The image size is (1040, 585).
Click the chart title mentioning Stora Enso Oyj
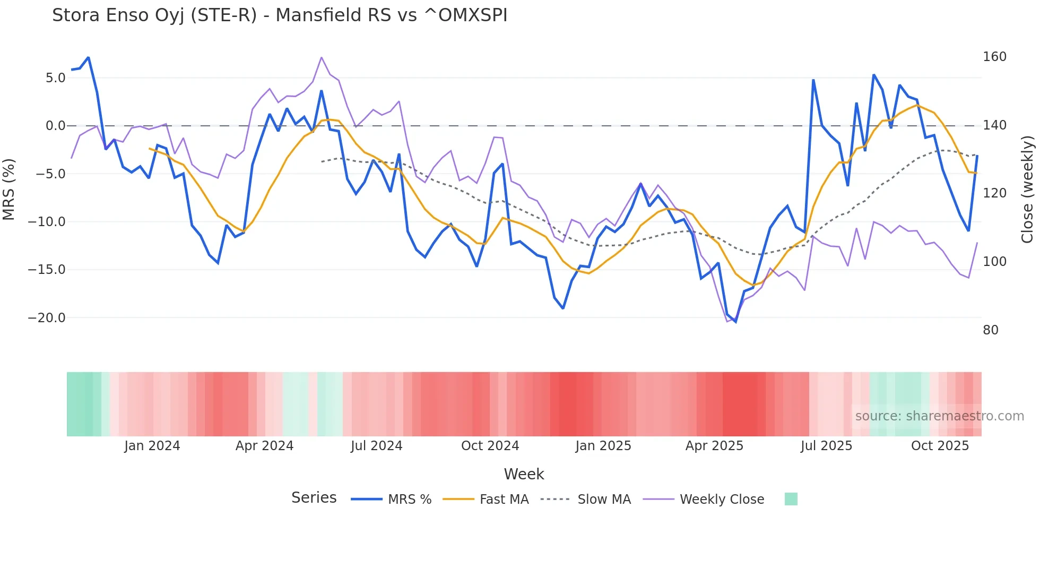click(x=280, y=15)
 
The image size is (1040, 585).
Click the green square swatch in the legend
click(x=791, y=499)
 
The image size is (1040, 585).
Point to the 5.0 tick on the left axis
click(x=55, y=78)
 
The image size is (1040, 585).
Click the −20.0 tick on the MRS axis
click(x=47, y=318)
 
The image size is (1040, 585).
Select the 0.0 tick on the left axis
click(x=55, y=126)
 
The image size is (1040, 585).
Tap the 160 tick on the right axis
click(x=994, y=57)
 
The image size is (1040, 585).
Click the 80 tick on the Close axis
click(x=990, y=330)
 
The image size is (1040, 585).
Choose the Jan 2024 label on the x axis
click(x=152, y=446)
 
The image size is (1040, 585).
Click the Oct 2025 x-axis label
click(x=940, y=446)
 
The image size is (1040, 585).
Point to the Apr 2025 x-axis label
click(x=714, y=446)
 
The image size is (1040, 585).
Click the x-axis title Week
click(x=524, y=474)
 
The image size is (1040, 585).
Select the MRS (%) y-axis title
click(x=9, y=189)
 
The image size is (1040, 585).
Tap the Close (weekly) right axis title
click(x=1027, y=189)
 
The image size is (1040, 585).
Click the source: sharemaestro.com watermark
click(x=939, y=416)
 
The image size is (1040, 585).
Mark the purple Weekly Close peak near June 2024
click(x=322, y=57)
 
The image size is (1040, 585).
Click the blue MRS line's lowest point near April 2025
click(x=735, y=322)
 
